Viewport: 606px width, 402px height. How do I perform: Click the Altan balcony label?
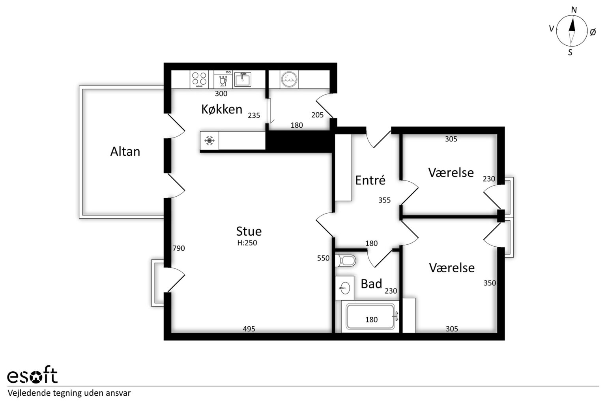click(125, 152)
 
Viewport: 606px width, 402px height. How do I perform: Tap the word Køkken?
click(222, 110)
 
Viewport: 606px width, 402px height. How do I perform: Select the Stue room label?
click(249, 231)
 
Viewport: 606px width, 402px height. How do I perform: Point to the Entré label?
click(370, 180)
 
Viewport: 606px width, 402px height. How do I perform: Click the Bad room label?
click(371, 284)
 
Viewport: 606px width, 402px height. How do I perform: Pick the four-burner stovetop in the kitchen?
click(199, 79)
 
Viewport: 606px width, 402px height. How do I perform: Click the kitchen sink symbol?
click(242, 80)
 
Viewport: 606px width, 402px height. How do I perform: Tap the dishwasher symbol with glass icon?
click(223, 80)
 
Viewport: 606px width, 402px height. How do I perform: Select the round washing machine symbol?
click(289, 80)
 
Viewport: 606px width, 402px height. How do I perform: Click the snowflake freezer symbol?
click(209, 140)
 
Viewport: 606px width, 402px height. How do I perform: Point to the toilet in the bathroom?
click(346, 260)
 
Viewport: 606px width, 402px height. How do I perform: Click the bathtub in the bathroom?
click(370, 317)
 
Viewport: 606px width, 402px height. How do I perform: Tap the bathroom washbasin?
click(345, 288)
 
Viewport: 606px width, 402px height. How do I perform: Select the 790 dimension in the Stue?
click(179, 248)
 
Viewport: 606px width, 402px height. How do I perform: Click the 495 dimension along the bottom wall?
click(249, 329)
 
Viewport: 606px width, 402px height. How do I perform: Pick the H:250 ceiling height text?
click(247, 243)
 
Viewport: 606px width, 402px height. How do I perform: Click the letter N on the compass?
click(574, 10)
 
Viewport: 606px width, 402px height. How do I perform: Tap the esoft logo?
click(32, 375)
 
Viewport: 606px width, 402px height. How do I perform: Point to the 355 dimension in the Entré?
click(384, 200)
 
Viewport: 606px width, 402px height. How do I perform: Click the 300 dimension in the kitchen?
click(221, 94)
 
